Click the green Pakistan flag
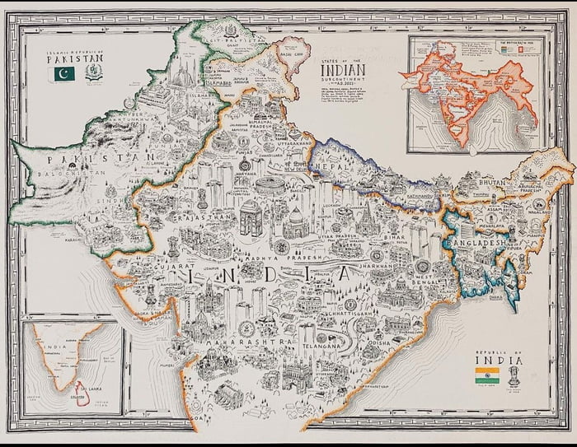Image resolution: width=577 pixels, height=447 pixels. click(x=63, y=74)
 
